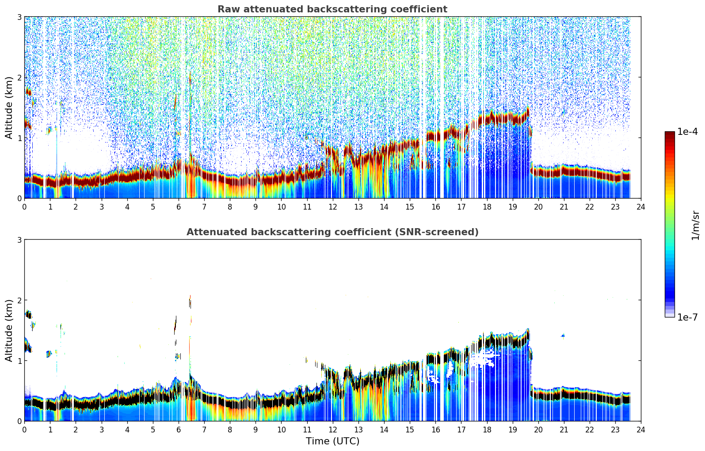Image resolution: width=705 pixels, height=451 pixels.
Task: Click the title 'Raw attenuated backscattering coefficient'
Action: click(x=332, y=9)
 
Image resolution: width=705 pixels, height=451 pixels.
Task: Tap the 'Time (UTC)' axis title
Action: click(x=332, y=441)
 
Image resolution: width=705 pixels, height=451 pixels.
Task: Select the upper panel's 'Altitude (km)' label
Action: click(x=8, y=108)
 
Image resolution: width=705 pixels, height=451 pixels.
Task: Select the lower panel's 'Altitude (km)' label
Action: click(x=8, y=330)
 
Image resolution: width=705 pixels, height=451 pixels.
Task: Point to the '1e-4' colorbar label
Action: click(x=687, y=132)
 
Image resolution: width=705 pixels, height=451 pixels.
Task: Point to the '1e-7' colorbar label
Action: click(x=687, y=317)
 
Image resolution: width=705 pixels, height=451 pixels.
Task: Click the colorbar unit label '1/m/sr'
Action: click(x=695, y=225)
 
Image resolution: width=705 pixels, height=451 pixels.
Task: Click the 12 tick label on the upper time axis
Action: click(x=333, y=207)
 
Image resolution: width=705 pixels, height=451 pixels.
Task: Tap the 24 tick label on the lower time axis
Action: click(x=641, y=430)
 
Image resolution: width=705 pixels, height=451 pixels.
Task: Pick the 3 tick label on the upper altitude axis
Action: click(x=19, y=17)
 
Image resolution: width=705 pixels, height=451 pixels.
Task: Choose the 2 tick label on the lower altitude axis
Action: click(x=19, y=300)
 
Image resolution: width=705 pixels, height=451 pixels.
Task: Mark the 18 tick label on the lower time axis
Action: click(x=487, y=430)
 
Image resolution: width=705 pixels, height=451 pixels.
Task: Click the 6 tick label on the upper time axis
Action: click(x=179, y=207)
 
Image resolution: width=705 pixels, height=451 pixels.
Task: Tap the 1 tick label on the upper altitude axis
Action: click(x=19, y=138)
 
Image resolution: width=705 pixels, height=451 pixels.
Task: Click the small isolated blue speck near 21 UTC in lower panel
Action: click(x=563, y=336)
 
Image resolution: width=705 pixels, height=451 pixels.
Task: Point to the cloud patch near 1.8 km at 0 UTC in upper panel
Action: click(x=28, y=92)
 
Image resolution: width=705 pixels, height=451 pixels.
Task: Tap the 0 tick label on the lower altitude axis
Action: click(x=19, y=421)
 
